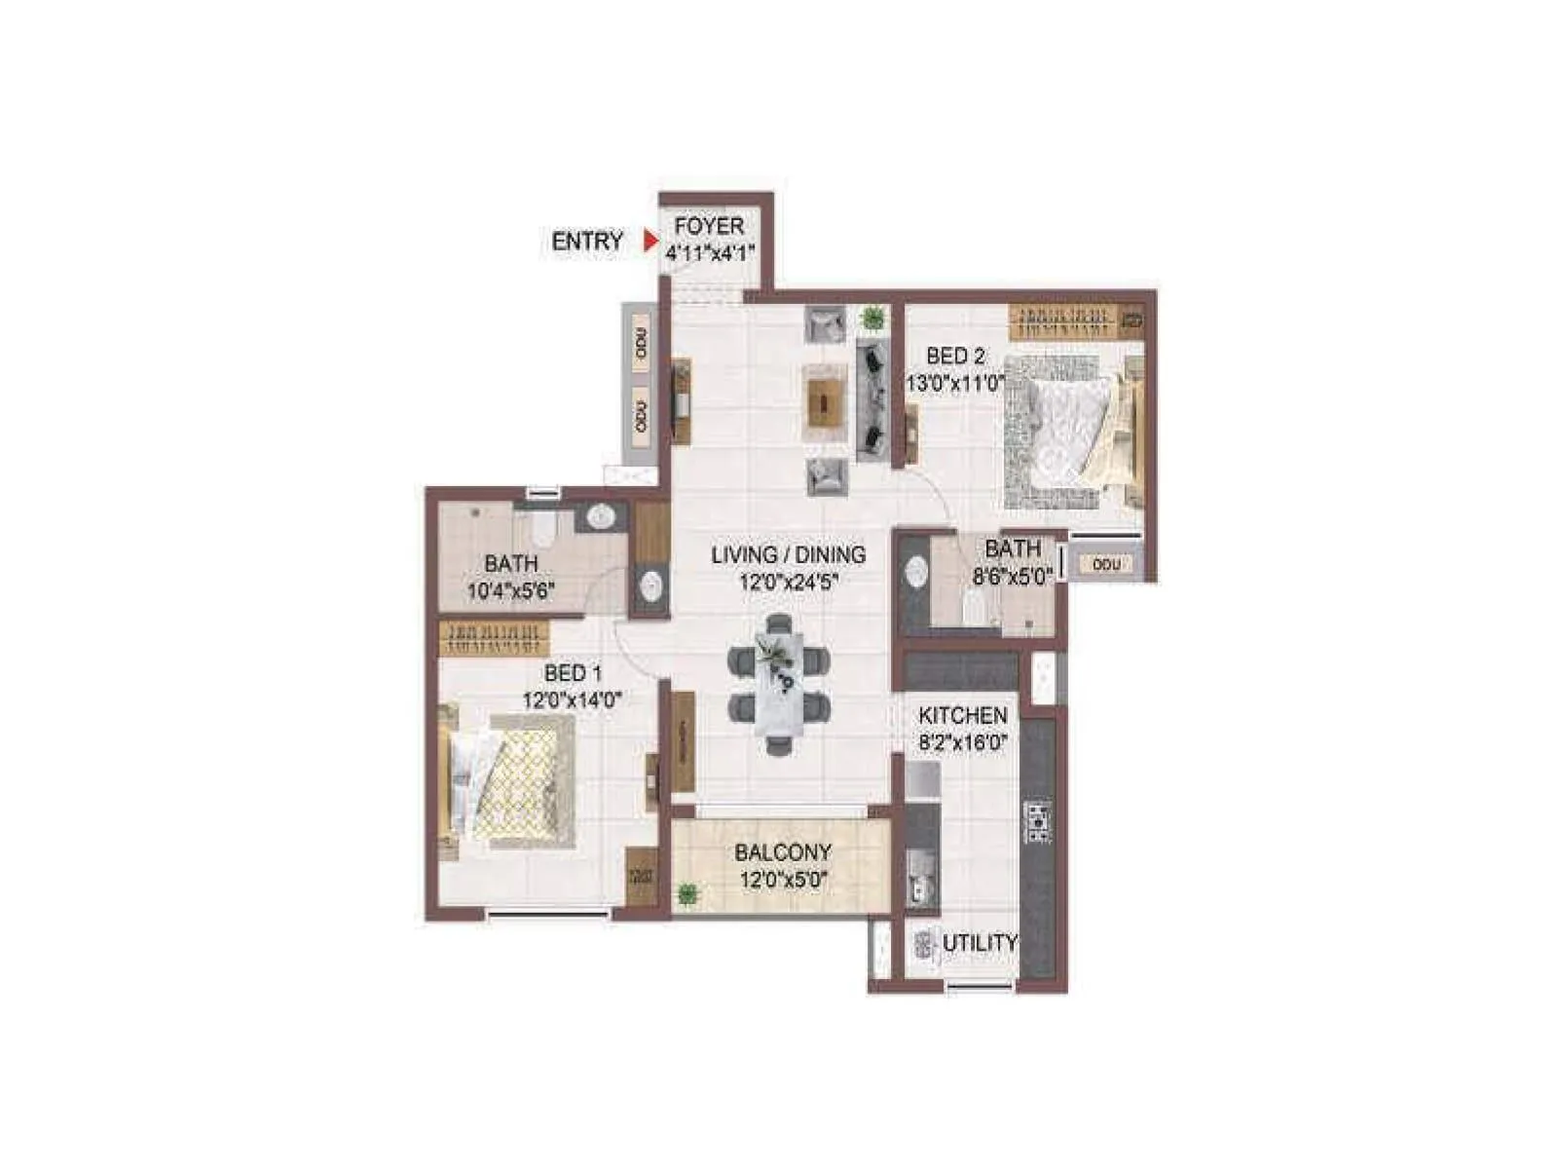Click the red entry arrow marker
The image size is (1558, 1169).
pos(650,241)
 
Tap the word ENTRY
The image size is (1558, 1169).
pos(587,242)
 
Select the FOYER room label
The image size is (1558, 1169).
pos(709,226)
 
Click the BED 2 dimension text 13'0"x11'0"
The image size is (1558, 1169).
pos(955,383)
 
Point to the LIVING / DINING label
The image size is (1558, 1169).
pos(788,555)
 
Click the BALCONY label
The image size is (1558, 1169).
pos(783,852)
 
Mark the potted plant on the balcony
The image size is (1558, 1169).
pos(688,892)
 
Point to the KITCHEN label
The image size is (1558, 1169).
pos(962,716)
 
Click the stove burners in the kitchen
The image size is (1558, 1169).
pos(1039,821)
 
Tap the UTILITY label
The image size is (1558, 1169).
pos(980,943)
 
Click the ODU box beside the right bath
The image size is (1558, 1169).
pos(1106,564)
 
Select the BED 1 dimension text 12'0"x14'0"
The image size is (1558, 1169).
pos(573,699)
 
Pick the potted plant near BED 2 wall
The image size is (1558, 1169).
pos(872,317)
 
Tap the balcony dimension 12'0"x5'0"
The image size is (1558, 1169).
pos(783,881)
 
